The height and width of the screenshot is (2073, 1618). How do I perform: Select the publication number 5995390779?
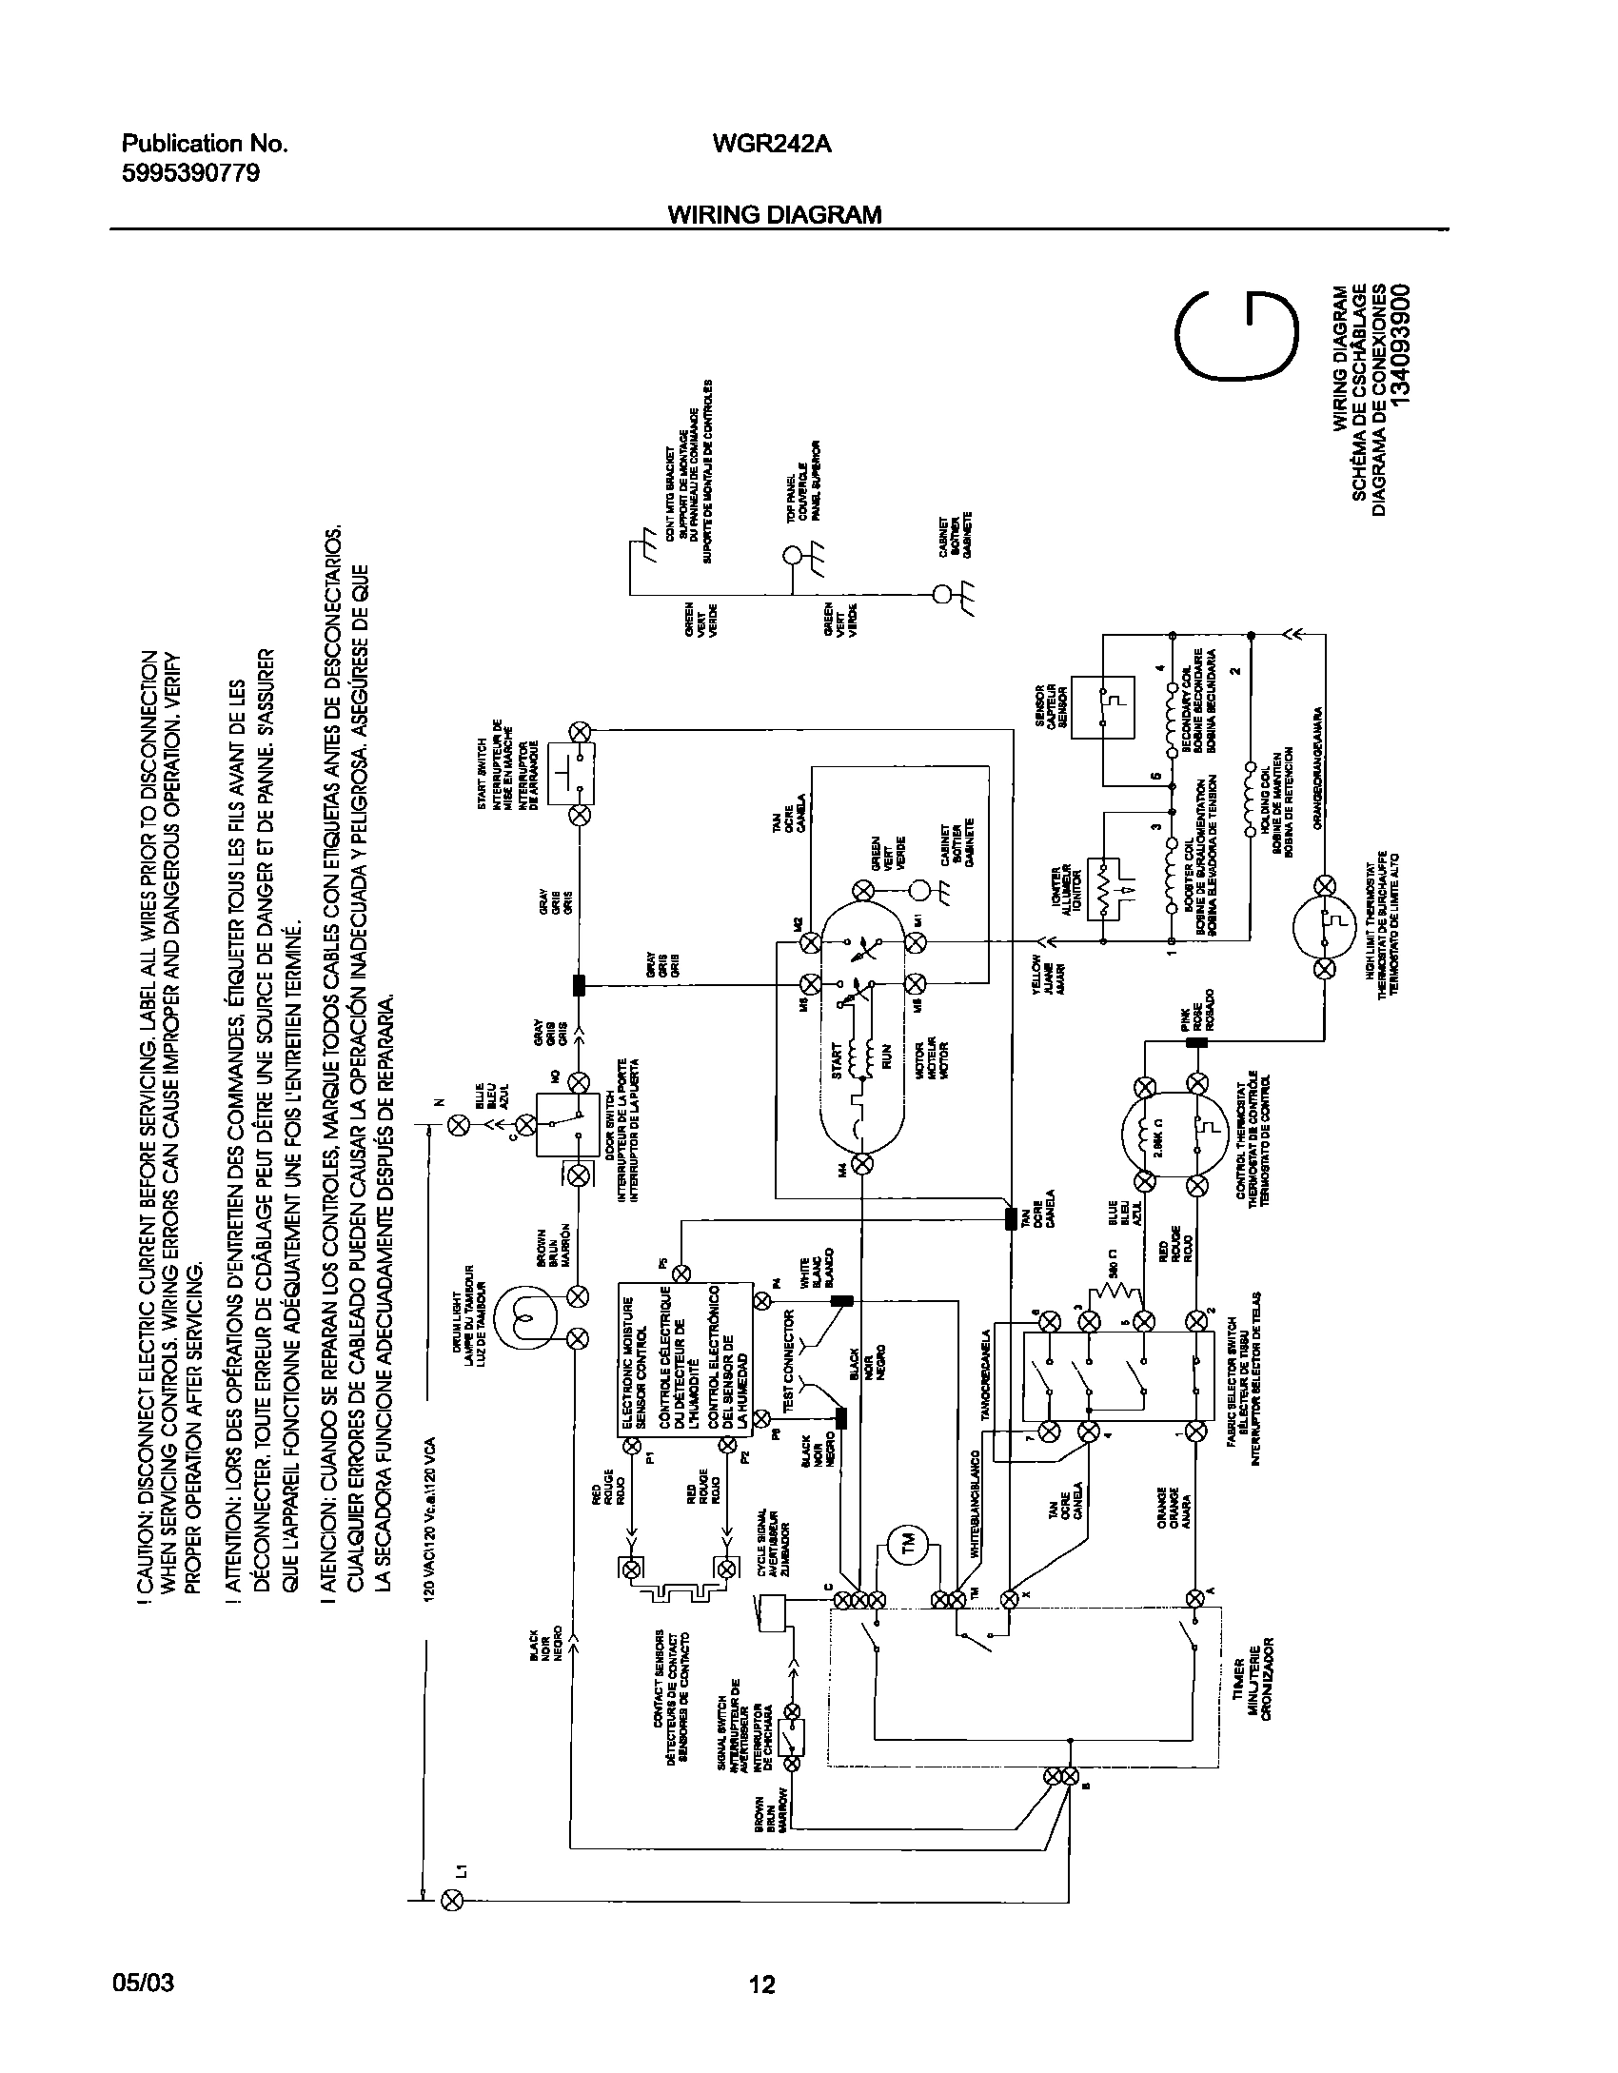tap(190, 173)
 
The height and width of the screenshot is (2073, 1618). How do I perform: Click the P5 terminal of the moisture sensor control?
tap(681, 1272)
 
